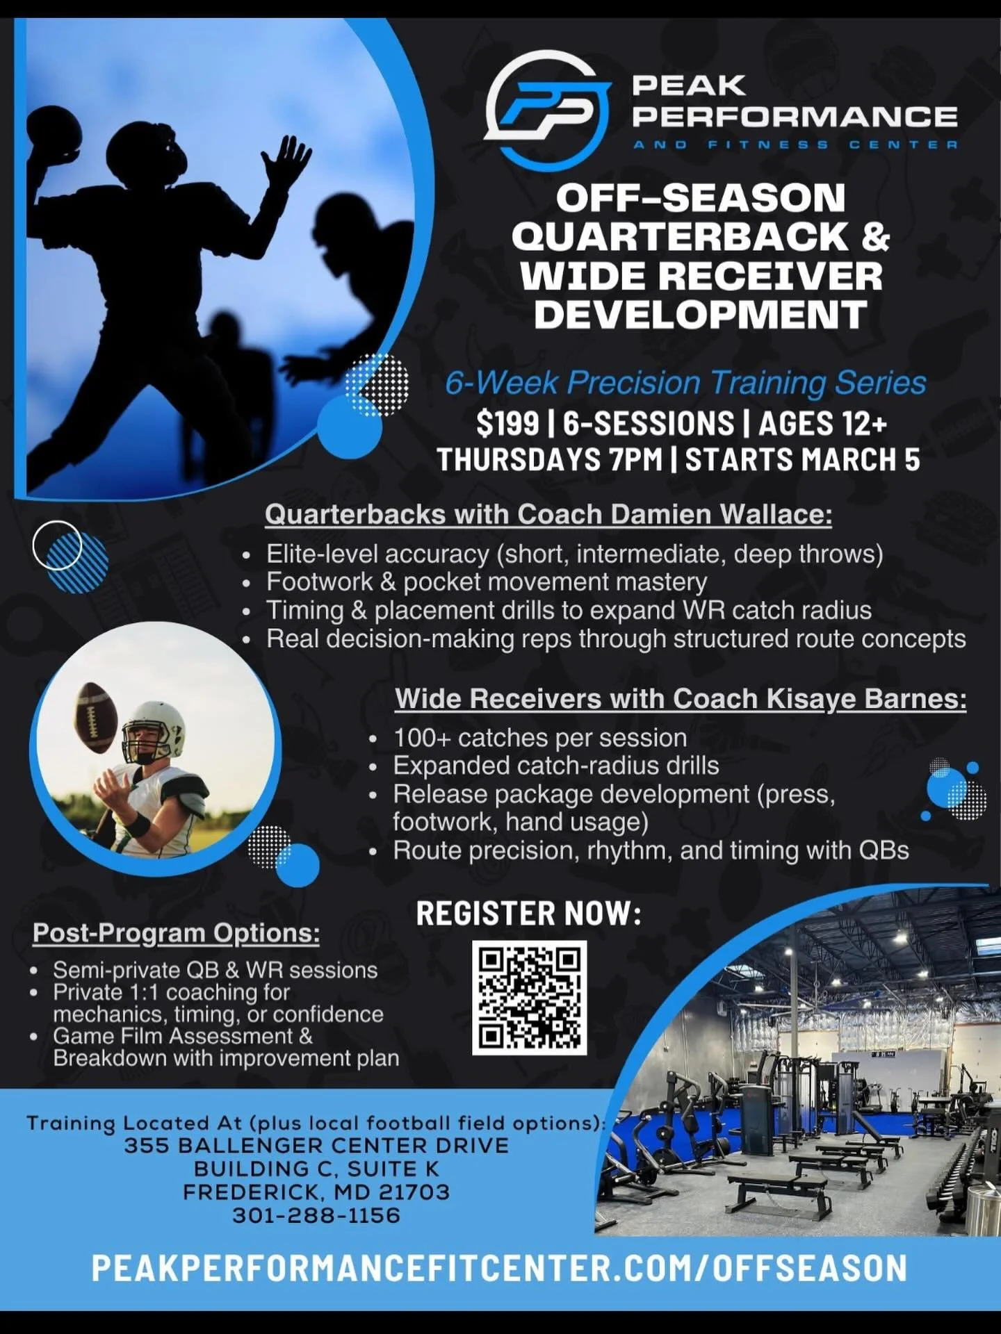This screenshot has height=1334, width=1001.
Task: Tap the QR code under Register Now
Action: coord(529,997)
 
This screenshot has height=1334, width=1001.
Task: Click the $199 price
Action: coord(507,423)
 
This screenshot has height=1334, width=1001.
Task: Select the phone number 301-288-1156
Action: coord(316,1215)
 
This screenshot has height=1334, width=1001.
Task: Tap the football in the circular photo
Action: coord(94,717)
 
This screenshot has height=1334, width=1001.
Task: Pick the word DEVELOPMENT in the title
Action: coord(701,315)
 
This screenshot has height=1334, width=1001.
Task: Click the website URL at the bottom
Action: coord(499,1269)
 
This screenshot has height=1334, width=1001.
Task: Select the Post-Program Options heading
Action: coord(176,933)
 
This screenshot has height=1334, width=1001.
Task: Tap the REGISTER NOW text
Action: coord(528,914)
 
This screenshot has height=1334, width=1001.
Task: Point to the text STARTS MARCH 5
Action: coord(803,460)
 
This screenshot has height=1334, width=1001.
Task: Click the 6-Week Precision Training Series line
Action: coord(685,383)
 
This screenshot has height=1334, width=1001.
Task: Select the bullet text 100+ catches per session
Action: coord(539,738)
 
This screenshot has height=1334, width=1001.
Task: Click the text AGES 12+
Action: coord(822,423)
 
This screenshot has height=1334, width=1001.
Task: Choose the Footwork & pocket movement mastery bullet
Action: coord(487,582)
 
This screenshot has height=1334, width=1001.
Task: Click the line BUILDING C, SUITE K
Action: coord(316,1169)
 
